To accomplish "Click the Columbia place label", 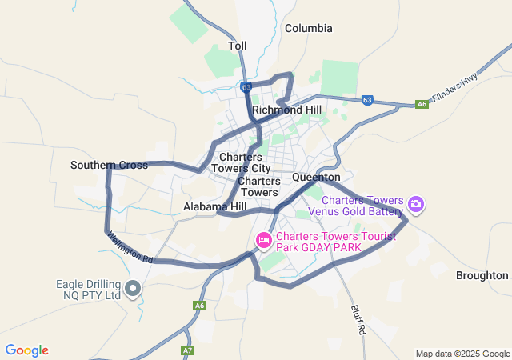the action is (x=308, y=28).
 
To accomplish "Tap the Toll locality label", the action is (x=238, y=46).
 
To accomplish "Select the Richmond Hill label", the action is (x=286, y=110).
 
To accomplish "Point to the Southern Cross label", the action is (x=109, y=166).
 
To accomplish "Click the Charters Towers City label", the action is (x=245, y=162).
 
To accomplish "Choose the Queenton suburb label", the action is (x=316, y=177).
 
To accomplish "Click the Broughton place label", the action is (x=482, y=275).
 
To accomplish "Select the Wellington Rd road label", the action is (x=130, y=249).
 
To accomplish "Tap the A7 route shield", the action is (x=187, y=350).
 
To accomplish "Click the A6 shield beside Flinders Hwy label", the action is (x=422, y=104).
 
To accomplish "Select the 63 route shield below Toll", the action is (x=246, y=86).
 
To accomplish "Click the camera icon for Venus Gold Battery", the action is (x=416, y=205).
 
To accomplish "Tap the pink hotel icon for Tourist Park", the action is (x=263, y=240).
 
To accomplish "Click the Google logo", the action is (x=26, y=350).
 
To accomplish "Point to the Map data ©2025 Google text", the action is (x=462, y=354).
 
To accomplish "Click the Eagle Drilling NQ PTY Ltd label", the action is (x=88, y=290).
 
